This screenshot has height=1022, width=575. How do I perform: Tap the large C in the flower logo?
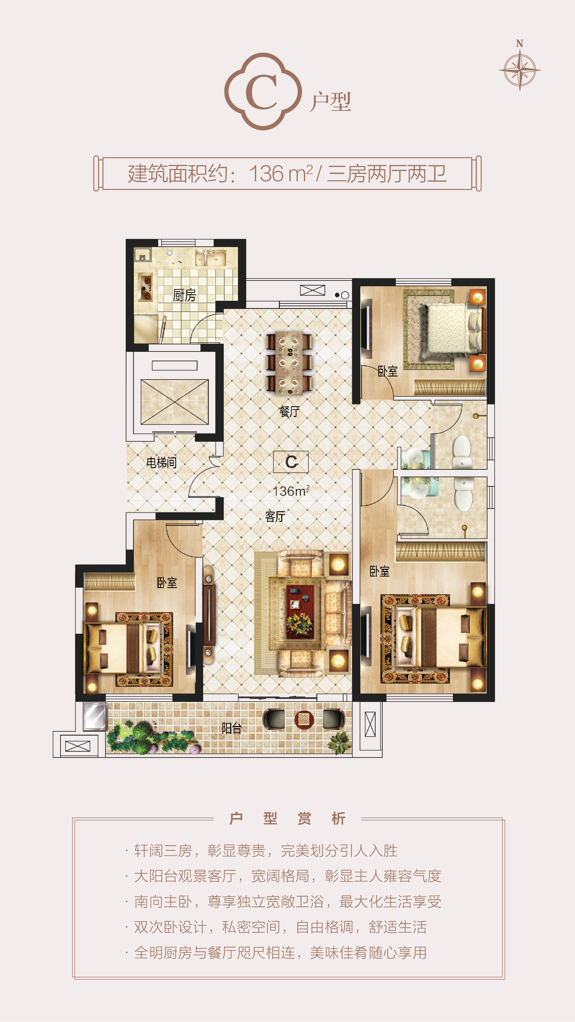[x=262, y=92]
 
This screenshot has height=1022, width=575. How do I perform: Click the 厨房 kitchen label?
[x=185, y=295]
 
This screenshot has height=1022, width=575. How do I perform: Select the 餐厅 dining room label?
[x=289, y=411]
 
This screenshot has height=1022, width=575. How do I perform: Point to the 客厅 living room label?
[x=275, y=516]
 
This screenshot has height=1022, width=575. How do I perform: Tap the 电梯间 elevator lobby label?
[x=162, y=463]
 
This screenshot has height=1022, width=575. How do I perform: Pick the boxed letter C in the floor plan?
[x=291, y=462]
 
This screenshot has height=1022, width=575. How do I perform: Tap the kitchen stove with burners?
[x=145, y=287]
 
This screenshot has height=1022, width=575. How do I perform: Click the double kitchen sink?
[x=210, y=258]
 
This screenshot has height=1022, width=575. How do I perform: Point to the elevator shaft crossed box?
[x=175, y=402]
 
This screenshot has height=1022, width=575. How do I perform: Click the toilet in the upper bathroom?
[x=461, y=452]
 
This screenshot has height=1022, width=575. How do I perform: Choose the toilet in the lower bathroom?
[x=463, y=494]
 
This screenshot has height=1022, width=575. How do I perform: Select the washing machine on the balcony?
[x=95, y=716]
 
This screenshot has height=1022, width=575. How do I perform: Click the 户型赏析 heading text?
[x=288, y=819]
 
